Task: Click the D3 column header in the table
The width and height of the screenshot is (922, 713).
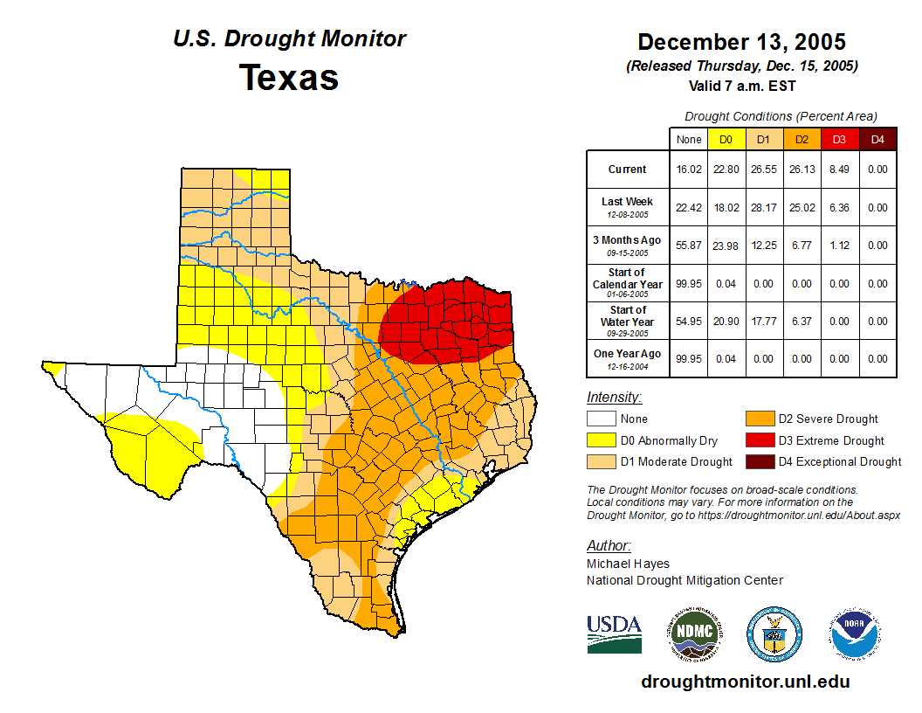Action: point(839,139)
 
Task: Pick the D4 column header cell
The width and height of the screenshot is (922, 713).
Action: point(877,139)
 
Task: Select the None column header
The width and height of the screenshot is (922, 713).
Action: point(689,139)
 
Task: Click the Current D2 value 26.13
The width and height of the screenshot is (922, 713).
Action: point(802,170)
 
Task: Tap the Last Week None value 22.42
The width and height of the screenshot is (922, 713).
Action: point(689,207)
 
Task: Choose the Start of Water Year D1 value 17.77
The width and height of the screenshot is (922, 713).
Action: point(763,321)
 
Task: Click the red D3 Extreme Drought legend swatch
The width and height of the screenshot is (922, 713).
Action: point(758,440)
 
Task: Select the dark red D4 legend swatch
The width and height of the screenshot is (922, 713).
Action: point(758,461)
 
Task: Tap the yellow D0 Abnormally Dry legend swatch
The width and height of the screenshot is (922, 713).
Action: point(602,440)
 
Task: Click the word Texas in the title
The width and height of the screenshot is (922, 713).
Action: point(289,77)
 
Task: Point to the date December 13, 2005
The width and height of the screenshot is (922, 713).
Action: point(741,42)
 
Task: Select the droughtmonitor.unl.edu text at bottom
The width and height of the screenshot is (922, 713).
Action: point(745,682)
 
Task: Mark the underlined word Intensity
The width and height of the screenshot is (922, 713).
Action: point(614,398)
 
